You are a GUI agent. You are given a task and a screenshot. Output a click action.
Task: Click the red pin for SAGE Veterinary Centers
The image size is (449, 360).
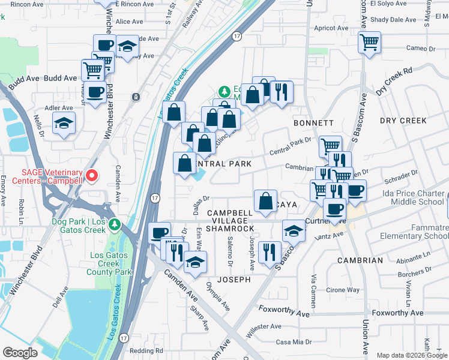point(92,175)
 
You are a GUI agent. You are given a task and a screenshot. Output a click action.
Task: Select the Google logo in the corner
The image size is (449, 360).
point(20,352)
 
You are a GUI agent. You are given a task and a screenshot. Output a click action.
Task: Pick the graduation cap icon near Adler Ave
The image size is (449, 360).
point(64,124)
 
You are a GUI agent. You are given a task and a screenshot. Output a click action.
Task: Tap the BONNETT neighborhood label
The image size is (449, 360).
point(313,122)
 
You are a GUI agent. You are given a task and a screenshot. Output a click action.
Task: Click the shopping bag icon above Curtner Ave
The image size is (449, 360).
point(265,201)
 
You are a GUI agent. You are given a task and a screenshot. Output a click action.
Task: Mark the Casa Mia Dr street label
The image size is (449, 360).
point(294,342)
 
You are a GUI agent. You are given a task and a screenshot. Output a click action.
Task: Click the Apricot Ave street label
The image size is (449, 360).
point(331,28)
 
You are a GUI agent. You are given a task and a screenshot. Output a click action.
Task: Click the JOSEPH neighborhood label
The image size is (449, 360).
point(234,280)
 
